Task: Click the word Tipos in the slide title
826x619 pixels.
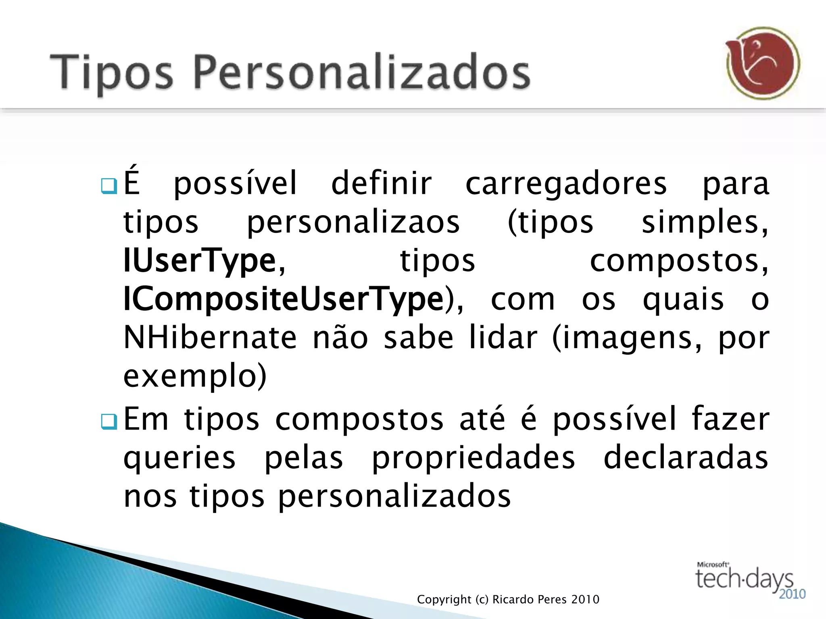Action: coord(111,73)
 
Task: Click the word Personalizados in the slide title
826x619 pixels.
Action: coord(362,73)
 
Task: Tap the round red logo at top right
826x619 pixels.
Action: coord(763,63)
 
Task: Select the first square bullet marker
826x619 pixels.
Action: coord(109,186)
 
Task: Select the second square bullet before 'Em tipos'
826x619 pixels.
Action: coord(109,421)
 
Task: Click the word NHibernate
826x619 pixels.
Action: coord(210,338)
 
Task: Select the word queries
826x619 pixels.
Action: coord(179,458)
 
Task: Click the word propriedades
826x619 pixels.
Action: coord(473,458)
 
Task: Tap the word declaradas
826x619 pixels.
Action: coord(686,458)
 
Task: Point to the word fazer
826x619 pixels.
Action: coord(730,420)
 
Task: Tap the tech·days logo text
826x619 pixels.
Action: coord(744,579)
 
